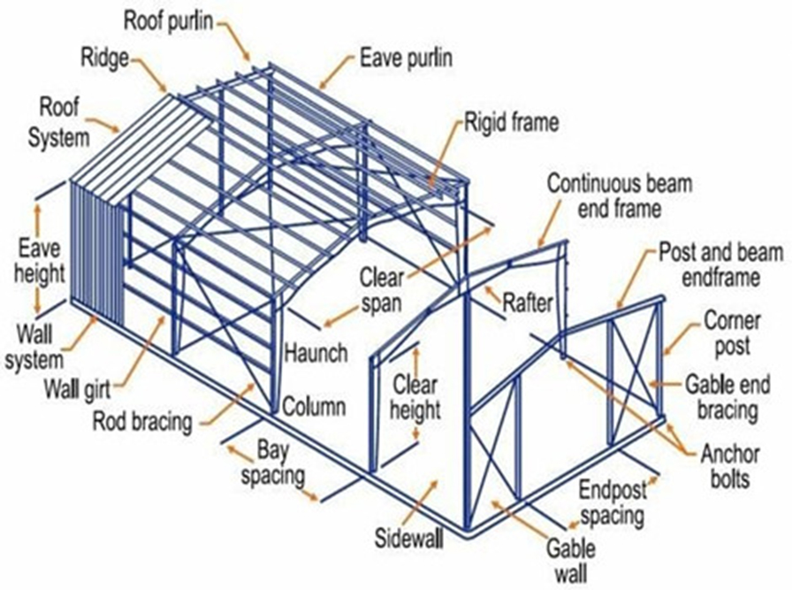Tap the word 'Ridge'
pyautogui.click(x=105, y=59)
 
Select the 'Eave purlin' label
pyautogui.click(x=407, y=59)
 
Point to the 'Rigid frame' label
pyautogui.click(x=512, y=122)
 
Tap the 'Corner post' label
pyautogui.click(x=728, y=331)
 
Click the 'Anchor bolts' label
pyautogui.click(x=730, y=466)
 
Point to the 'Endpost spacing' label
pyautogui.click(x=613, y=502)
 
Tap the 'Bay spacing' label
pyautogui.click(x=268, y=462)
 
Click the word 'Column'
pyautogui.click(x=314, y=406)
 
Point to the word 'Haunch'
pyautogui.click(x=316, y=352)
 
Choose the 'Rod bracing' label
pyautogui.click(x=141, y=420)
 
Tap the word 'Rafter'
pyautogui.click(x=528, y=303)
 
